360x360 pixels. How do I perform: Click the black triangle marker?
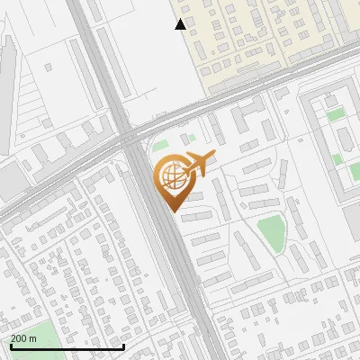pos(181,24)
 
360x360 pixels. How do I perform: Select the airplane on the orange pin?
pos(198,164)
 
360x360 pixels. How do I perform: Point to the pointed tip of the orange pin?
pos(173,211)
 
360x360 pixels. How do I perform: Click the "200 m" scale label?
pos(23,338)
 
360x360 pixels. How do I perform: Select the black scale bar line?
pos(67,347)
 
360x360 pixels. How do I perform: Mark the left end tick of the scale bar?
pos(11,346)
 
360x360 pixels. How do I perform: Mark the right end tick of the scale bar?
pos(123,346)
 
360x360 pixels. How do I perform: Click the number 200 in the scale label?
pos(19,338)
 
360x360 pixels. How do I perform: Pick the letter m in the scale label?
pos(33,338)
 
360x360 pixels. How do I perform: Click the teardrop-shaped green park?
pos(271,233)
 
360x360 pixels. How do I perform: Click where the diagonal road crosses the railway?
pos(127,139)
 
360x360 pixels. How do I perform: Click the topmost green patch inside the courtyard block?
pos(335,114)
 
